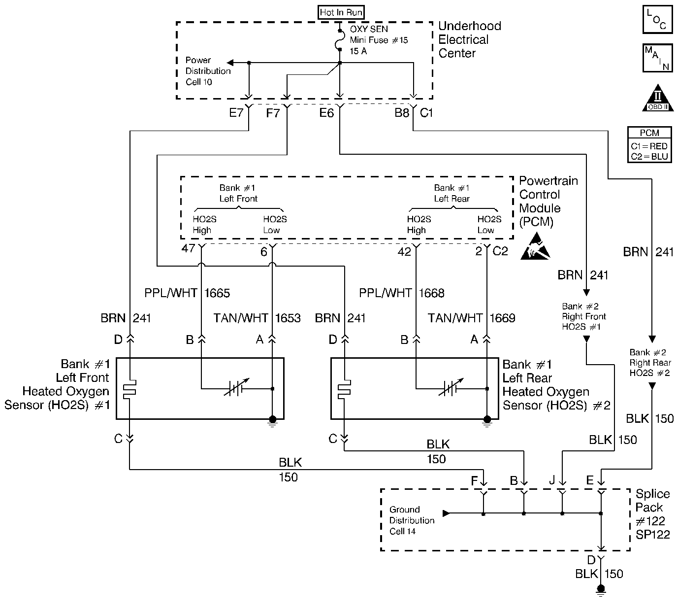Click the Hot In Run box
pyautogui.click(x=342, y=12)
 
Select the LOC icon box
pyautogui.click(x=657, y=20)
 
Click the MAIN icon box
pyautogui.click(x=657, y=58)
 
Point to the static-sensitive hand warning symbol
pyautogui.click(x=535, y=248)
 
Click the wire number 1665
pyautogui.click(x=217, y=293)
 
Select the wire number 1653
pyautogui.click(x=288, y=318)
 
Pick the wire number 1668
pyautogui.click(x=431, y=293)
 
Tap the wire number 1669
pyautogui.click(x=502, y=318)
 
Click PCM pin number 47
pyautogui.click(x=188, y=248)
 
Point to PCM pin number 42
pyautogui.click(x=404, y=252)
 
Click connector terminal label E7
pyautogui.click(x=236, y=113)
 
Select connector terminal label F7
pyautogui.click(x=273, y=113)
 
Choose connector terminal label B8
pyautogui.click(x=402, y=113)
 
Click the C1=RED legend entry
pyautogui.click(x=649, y=146)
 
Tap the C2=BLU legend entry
pyautogui.click(x=649, y=157)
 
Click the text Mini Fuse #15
pyautogui.click(x=379, y=40)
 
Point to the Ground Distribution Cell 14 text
pyautogui.click(x=412, y=520)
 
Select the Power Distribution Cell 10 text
pyautogui.click(x=208, y=71)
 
